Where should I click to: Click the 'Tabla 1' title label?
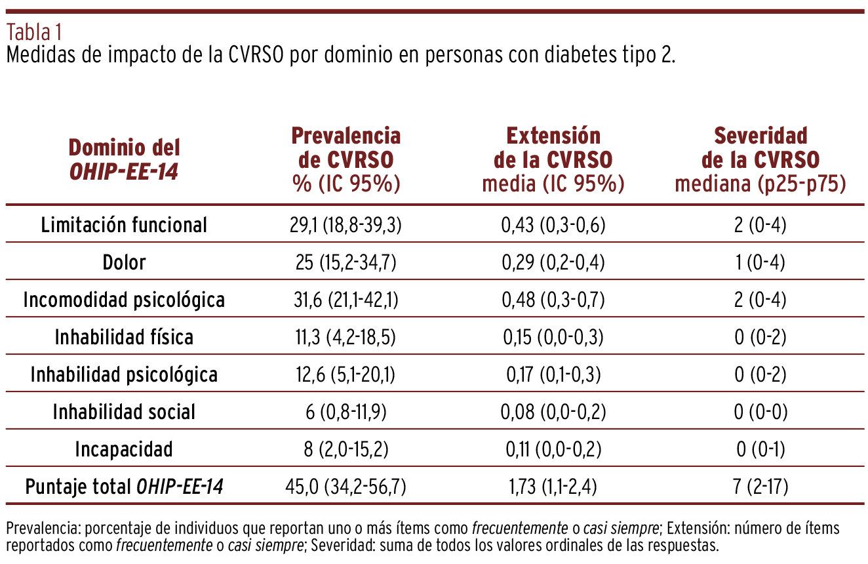click(x=34, y=32)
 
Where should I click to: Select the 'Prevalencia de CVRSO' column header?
click(x=346, y=160)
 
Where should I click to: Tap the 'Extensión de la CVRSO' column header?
click(x=553, y=160)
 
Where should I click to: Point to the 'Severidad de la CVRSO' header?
click(x=760, y=160)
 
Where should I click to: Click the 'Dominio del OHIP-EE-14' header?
click(x=124, y=160)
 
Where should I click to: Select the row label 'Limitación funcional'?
click(x=124, y=225)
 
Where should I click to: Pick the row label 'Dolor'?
click(x=124, y=262)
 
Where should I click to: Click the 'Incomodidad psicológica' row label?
click(x=124, y=300)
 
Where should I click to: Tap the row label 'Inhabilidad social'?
click(x=124, y=412)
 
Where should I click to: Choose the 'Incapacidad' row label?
click(x=124, y=449)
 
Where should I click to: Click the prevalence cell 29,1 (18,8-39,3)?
click(x=346, y=225)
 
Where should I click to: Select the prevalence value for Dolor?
click(x=346, y=262)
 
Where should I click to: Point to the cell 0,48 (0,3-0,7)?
click(x=553, y=300)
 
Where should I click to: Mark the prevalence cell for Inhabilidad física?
click(x=346, y=337)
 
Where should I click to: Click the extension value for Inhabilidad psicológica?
click(x=553, y=374)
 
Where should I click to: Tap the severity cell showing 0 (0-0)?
click(x=760, y=412)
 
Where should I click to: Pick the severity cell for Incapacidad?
click(x=760, y=449)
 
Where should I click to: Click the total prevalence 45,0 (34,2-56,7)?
click(x=346, y=487)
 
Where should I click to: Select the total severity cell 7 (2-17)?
click(x=760, y=487)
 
